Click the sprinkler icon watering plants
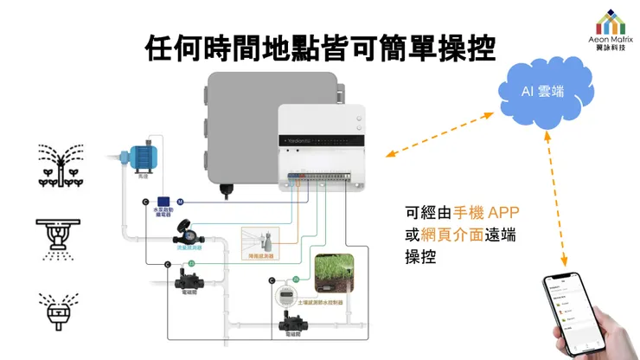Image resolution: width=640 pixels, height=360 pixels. (60, 164)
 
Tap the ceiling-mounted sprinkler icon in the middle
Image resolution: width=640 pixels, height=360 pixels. (60, 236)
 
